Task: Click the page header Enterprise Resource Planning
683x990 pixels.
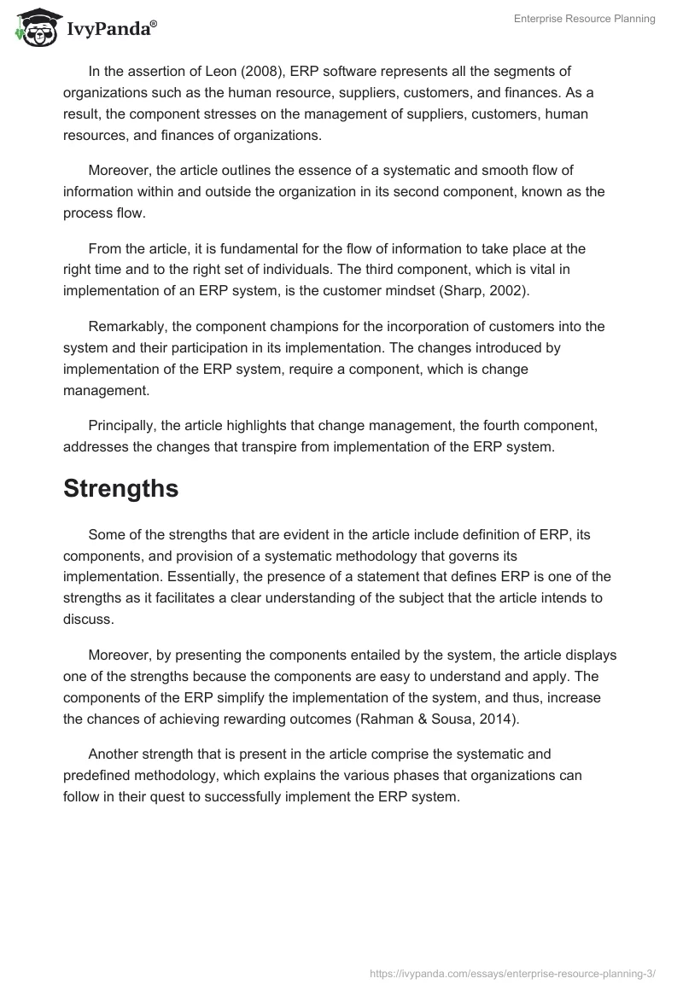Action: point(584,19)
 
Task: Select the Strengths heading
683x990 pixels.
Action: point(120,488)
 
